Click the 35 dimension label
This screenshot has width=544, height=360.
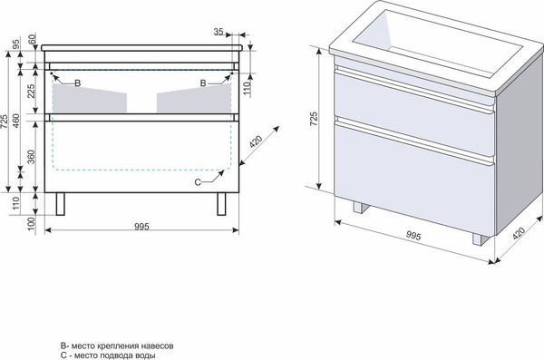pos(219,32)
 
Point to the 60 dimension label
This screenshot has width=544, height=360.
pos(32,39)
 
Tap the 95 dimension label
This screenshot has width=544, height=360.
pos(16,44)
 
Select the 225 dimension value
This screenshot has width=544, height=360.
pos(32,91)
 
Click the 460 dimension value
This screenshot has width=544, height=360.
pos(16,121)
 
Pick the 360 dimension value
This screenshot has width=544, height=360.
pos(32,157)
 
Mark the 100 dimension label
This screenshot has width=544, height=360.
pos(32,224)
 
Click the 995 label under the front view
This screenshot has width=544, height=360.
pos(141,227)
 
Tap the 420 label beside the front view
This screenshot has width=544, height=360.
pos(256,141)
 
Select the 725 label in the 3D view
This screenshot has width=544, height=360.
pos(314,119)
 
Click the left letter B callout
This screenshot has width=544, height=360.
pos(78,83)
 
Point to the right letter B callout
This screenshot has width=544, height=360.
pos(203,83)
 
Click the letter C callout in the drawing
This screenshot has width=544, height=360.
pos(198,182)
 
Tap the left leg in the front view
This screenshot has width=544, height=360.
pos(61,204)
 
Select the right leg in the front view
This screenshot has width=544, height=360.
pos(221,204)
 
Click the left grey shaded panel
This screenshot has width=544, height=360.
pos(90,98)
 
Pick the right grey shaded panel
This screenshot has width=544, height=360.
pos(194,98)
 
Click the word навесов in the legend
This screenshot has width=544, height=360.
pos(159,345)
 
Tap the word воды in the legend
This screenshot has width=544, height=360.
pos(147,355)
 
